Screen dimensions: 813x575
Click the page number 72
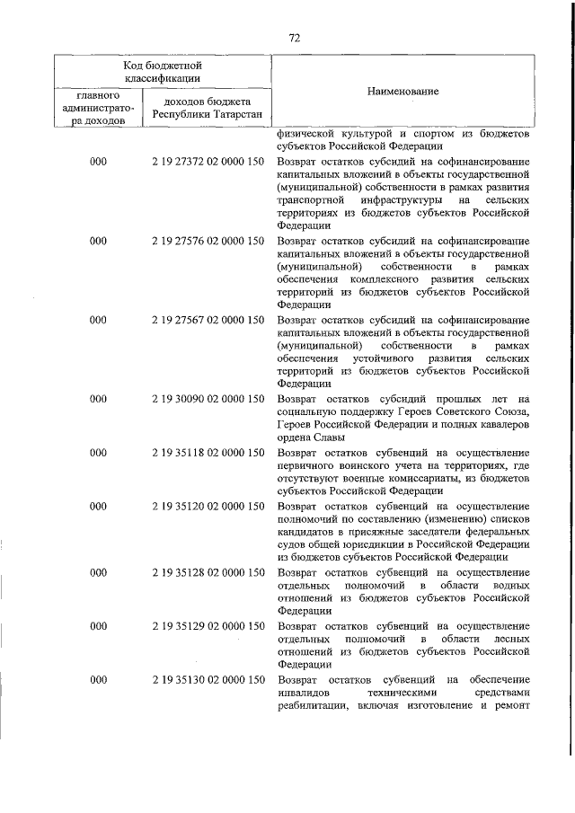(x=294, y=37)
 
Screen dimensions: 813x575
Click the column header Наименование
(x=402, y=93)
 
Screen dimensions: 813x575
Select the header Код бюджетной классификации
(x=162, y=71)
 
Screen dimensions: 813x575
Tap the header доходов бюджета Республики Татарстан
(x=208, y=108)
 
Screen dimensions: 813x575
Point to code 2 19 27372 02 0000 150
(x=208, y=162)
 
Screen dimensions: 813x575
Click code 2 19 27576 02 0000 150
(x=208, y=241)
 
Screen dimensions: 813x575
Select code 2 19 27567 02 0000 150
(x=208, y=319)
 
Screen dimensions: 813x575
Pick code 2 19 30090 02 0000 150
(x=208, y=398)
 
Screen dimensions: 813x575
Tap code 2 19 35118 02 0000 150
(x=208, y=453)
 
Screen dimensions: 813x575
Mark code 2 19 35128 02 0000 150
(x=208, y=571)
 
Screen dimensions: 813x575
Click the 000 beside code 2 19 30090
(x=99, y=398)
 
